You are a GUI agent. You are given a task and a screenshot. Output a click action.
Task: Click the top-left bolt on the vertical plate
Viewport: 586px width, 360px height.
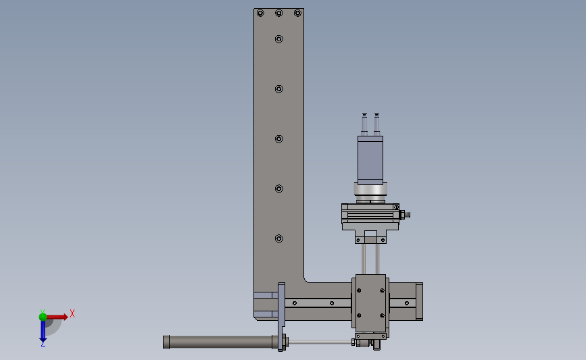pyautogui.click(x=260, y=13)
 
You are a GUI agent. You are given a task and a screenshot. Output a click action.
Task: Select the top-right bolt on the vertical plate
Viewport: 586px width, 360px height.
pyautogui.click(x=297, y=13)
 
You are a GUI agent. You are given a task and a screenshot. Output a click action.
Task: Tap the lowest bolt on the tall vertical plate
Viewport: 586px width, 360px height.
pyautogui.click(x=278, y=238)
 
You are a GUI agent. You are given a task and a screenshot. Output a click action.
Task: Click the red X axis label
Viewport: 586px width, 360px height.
pyautogui.click(x=72, y=313)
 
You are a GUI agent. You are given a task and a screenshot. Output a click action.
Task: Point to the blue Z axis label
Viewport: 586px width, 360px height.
pyautogui.click(x=43, y=343)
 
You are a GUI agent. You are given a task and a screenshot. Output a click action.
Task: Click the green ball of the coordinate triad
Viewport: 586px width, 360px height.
pyautogui.click(x=43, y=317)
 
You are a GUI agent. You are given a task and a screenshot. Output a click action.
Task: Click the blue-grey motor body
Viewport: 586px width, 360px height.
pyautogui.click(x=370, y=160)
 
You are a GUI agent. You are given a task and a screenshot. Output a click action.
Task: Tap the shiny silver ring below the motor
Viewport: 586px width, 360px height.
pyautogui.click(x=370, y=190)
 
